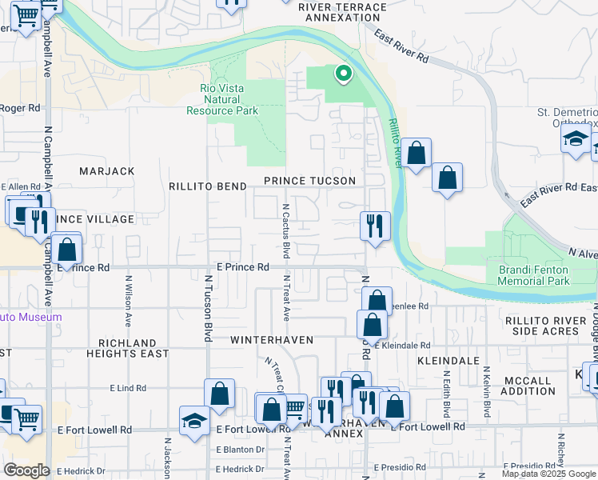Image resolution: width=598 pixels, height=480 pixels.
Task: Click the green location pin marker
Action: click(x=343, y=74)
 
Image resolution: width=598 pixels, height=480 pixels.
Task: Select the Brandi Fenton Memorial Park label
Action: click(x=533, y=275)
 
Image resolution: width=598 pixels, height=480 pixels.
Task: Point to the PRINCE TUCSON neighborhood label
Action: click(x=309, y=181)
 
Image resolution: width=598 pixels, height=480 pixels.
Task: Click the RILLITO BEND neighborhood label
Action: click(x=207, y=186)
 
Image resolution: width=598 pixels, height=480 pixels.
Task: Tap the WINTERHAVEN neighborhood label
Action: click(x=271, y=340)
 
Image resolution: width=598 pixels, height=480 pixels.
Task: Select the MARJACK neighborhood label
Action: click(x=107, y=171)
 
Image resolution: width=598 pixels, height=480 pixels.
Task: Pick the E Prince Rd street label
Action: click(x=243, y=266)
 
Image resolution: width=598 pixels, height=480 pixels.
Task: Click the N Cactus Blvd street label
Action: click(x=285, y=229)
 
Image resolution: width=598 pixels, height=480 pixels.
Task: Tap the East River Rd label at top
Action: click(x=401, y=47)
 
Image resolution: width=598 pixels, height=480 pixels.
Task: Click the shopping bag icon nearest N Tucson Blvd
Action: click(x=218, y=394)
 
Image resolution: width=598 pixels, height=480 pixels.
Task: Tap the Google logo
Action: click(x=26, y=470)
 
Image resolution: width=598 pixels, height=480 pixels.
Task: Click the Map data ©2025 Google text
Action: click(x=548, y=474)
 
